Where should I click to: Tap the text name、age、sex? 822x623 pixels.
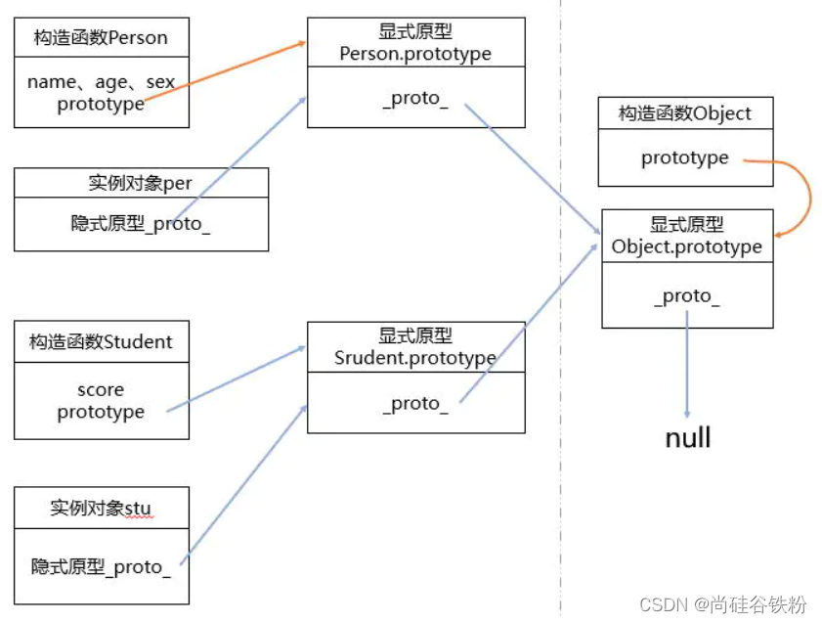click(101, 83)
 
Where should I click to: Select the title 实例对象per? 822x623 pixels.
click(140, 183)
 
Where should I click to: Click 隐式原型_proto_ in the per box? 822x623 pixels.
click(141, 224)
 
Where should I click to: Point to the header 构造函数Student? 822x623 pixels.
click(101, 342)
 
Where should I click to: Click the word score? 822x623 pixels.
click(101, 390)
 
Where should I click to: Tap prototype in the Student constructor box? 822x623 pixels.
click(101, 412)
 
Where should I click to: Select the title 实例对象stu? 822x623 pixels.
click(101, 509)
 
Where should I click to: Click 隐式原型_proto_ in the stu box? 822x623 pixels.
click(101, 567)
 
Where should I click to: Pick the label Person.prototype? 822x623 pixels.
click(415, 54)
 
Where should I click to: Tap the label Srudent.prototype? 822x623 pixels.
click(415, 358)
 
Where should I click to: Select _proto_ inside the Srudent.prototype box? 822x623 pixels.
click(415, 404)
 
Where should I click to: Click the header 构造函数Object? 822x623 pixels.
click(685, 113)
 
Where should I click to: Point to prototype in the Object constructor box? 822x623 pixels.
click(685, 157)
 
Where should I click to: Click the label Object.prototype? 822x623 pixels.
click(687, 246)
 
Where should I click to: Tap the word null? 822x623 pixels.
click(688, 437)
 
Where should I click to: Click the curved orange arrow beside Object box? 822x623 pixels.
click(807, 196)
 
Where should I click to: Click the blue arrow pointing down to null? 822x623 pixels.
click(687, 362)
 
